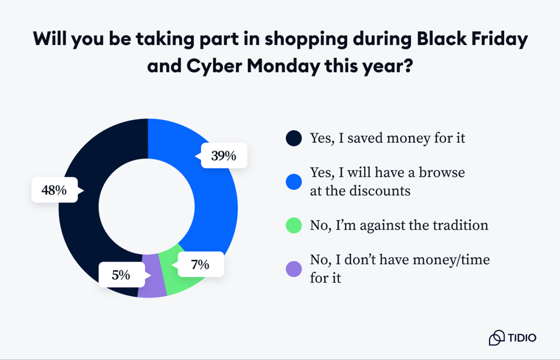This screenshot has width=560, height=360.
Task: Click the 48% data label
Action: coord(54,190)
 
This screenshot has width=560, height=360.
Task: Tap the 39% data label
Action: coord(224,156)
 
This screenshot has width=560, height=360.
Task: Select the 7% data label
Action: coord(200,265)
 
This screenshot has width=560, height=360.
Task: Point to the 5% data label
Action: coord(121,275)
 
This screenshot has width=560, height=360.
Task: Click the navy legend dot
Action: coord(294,138)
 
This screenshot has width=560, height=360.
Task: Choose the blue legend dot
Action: coord(294,182)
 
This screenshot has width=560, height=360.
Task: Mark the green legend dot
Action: coord(294,225)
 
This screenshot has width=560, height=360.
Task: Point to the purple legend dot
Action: coord(294,269)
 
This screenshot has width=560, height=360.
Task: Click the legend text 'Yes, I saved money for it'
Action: coord(388,138)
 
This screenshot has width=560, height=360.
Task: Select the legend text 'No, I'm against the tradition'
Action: coord(399,225)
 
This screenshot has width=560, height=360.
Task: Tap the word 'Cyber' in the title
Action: coord(213,68)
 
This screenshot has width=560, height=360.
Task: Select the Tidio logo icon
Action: coord(497,338)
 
